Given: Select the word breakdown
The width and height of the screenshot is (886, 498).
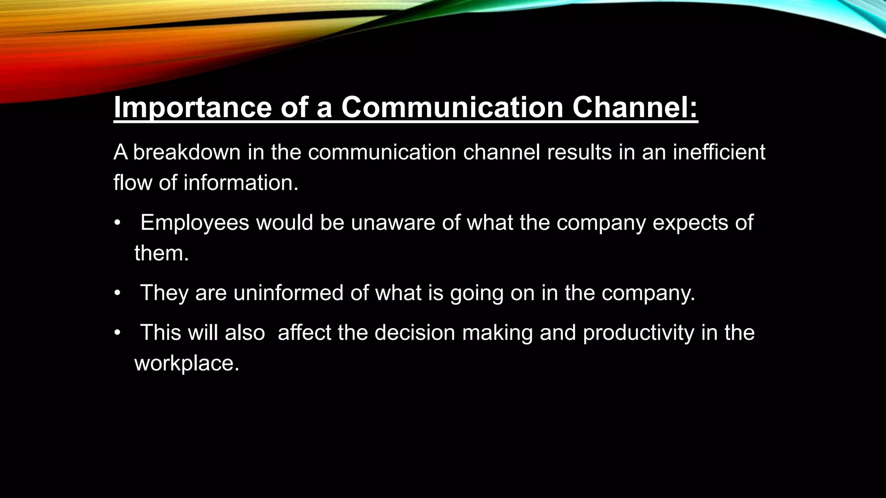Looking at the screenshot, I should pos(186,153).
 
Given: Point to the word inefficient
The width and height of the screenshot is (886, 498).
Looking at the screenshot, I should pos(719,153).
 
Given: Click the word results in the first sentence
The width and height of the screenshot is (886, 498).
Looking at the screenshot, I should pos(579,153).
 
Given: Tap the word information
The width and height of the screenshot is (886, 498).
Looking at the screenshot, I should pos(241,183).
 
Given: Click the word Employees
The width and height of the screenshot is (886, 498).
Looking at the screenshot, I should pos(195,223).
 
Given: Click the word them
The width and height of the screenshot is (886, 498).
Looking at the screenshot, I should pos(161,253).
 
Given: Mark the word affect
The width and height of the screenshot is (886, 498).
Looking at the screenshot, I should pos(304,333).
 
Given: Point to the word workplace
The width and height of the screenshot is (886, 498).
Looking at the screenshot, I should pos(186,363).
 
